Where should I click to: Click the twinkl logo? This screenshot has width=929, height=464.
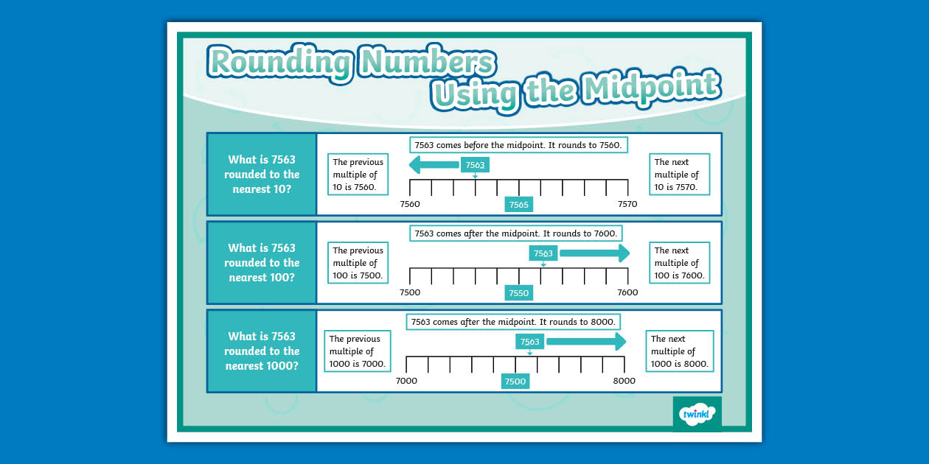click(697, 414)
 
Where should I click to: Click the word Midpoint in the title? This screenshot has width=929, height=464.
click(650, 88)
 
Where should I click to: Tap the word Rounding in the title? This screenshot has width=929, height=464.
click(279, 62)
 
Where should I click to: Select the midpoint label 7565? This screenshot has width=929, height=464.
click(518, 205)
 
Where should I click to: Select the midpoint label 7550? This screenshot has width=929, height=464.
click(518, 293)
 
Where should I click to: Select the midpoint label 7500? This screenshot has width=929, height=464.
click(515, 382)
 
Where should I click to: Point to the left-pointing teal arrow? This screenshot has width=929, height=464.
click(433, 165)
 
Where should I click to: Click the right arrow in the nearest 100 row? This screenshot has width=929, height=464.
click(594, 253)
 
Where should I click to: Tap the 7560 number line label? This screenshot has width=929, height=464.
click(409, 204)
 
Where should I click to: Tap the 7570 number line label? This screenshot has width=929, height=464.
click(627, 204)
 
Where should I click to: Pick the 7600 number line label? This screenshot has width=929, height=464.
click(627, 292)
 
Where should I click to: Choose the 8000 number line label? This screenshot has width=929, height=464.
click(624, 381)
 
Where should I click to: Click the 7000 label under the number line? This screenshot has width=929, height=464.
click(406, 381)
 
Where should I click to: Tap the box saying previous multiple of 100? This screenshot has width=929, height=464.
click(358, 263)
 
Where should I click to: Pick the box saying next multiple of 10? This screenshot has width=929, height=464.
click(679, 175)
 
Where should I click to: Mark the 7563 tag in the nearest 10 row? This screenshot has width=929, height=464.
click(475, 165)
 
